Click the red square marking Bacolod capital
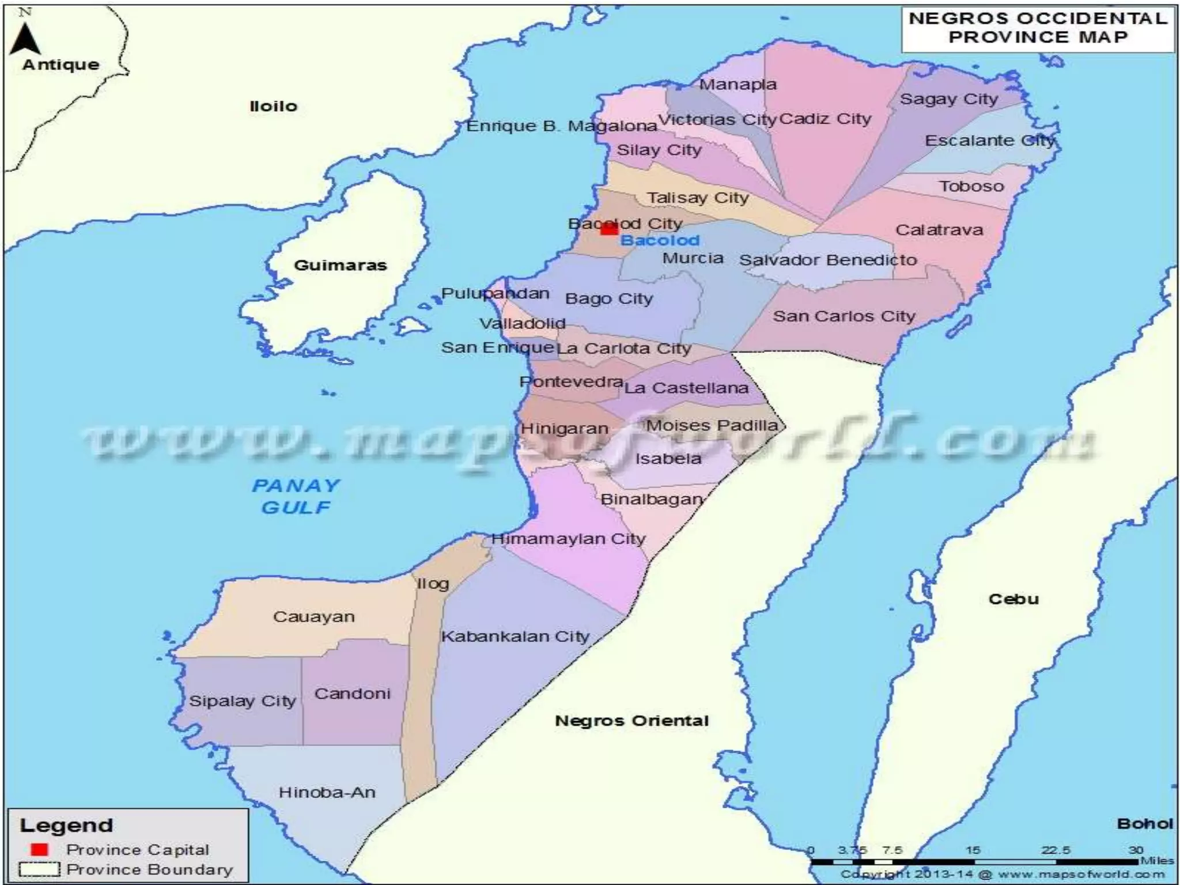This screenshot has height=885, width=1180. click(609, 229)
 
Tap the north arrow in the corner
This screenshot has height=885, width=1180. click(25, 36)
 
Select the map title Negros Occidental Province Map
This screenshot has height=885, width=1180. click(1038, 28)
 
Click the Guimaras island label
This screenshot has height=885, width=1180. click(340, 266)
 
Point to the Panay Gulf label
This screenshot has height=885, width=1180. click(296, 497)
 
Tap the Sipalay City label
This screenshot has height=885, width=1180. click(243, 701)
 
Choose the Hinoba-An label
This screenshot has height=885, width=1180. click(327, 793)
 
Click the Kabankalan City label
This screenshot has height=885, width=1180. click(515, 637)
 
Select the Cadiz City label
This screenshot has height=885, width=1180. click(825, 119)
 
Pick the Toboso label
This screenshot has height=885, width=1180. click(971, 186)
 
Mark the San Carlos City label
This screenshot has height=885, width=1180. click(844, 316)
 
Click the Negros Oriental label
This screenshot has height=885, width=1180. click(631, 721)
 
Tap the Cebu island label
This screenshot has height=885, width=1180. click(1013, 599)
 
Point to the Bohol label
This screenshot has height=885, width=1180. click(1145, 824)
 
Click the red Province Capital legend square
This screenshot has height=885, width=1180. click(40, 849)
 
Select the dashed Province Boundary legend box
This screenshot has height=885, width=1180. click(39, 869)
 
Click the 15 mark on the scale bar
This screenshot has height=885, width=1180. click(973, 851)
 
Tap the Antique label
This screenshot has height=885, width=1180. click(61, 65)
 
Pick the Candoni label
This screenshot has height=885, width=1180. click(352, 694)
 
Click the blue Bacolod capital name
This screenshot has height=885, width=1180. click(660, 240)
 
